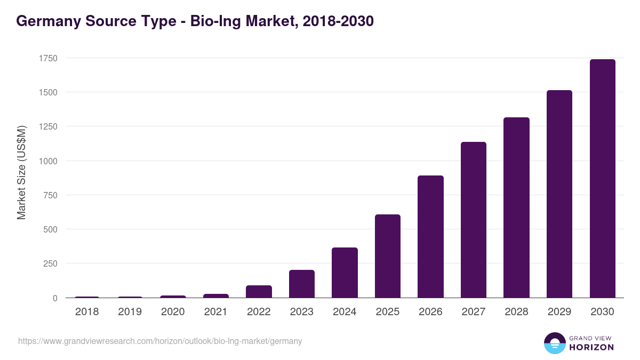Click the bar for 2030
coord(602,179)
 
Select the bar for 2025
coord(387,256)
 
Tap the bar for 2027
coord(474,220)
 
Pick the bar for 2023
coord(302,284)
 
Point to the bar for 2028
coord(516,207)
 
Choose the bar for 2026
coord(430,237)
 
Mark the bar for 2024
coord(345,273)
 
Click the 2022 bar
coord(259,292)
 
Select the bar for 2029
coord(559,194)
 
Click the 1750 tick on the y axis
coord(47,58)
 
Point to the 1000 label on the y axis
coord(47,161)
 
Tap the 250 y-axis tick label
coord(50,264)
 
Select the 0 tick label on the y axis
coord(54,298)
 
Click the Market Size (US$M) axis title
coord(21,172)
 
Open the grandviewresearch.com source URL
coord(160,341)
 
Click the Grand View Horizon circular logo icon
coord(554,343)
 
